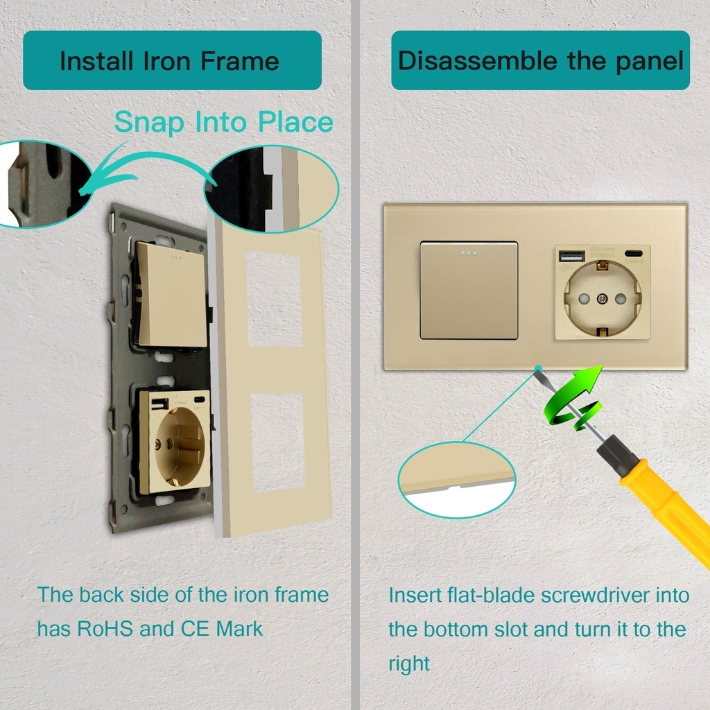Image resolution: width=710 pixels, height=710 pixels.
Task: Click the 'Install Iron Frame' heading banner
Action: pos(172,60)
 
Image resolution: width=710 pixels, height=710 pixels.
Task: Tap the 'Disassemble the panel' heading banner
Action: pos(540,60)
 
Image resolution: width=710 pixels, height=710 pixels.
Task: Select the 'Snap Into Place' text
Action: pos(224,123)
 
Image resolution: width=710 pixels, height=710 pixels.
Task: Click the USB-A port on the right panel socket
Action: pos(572,257)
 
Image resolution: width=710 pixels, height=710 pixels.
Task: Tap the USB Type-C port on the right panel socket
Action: pos(633,254)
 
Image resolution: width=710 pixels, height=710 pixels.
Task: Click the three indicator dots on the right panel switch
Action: pos(468,252)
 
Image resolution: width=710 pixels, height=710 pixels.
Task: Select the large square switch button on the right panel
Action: pos(469,290)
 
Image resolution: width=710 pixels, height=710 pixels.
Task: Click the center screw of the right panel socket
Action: pos(602,298)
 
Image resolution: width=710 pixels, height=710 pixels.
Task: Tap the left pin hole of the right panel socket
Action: pos(584,298)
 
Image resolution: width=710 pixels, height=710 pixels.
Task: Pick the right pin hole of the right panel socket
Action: pos(620,298)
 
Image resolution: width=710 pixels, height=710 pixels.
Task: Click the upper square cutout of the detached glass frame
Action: pos(274,299)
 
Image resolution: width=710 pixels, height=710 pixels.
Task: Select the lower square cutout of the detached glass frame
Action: pos(277,442)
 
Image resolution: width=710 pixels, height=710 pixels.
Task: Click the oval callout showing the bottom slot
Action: pos(456,480)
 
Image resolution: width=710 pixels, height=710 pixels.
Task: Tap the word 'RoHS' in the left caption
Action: pos(105,628)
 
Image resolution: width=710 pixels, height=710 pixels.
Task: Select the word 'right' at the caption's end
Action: pos(409,664)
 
